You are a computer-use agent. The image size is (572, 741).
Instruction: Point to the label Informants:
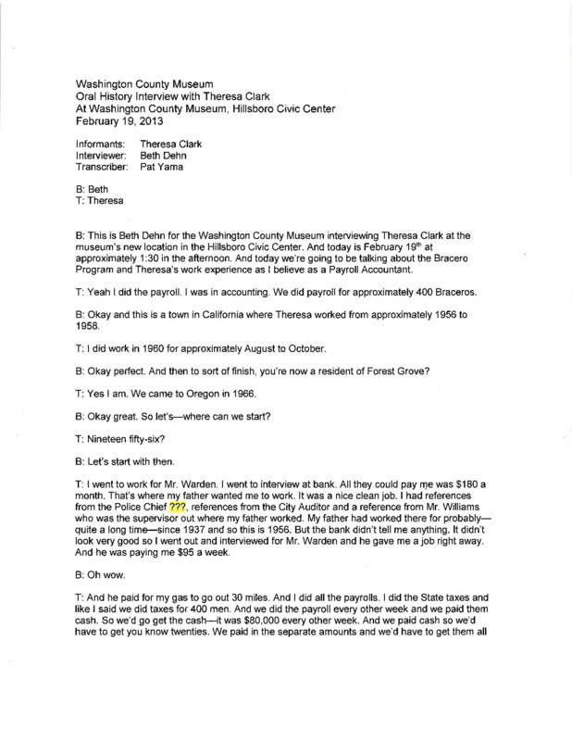tap(97, 144)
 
